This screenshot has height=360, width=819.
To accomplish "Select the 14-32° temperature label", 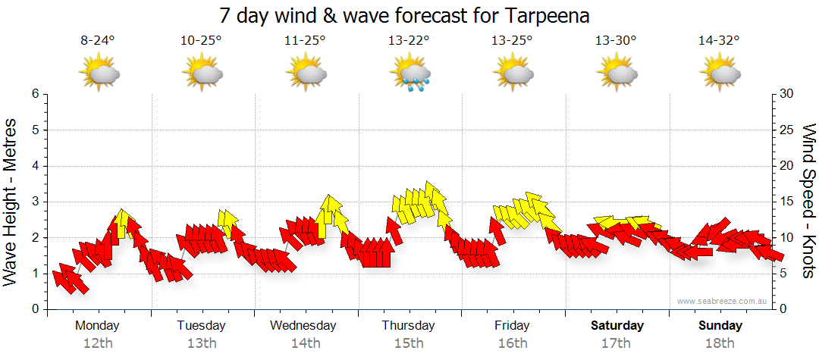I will point(719,41).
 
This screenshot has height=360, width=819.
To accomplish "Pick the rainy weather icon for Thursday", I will point(410,74).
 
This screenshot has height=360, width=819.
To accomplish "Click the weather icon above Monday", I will point(99,74).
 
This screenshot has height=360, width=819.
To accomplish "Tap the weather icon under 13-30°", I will point(616,74).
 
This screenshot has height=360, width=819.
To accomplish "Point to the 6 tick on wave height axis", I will point(34,94).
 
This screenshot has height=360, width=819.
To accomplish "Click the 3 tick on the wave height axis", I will point(34,202).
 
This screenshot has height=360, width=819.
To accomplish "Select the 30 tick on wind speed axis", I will point(788,94).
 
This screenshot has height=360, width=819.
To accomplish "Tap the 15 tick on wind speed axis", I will point(788,202).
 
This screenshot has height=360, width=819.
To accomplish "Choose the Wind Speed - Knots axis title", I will point(808,202).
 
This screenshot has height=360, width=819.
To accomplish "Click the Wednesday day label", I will point(303,326).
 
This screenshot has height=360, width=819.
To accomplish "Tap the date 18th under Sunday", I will point(720,343).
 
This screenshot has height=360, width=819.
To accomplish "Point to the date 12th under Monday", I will point(98,343).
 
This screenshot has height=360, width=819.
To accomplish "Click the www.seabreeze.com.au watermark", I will point(723,301).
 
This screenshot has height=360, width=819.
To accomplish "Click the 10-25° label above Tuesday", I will point(201,41).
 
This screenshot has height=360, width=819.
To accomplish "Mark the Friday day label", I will point(512,326).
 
